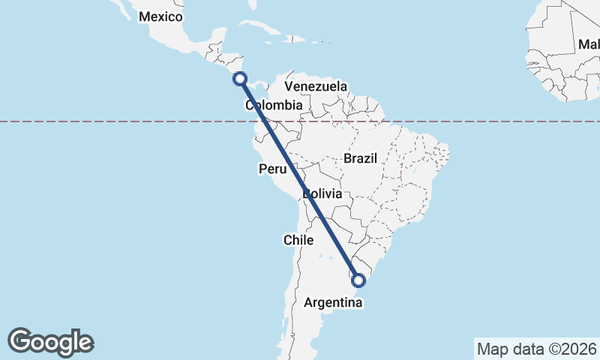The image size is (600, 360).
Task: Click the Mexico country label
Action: click(160, 16)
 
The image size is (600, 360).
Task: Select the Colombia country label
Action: click(274, 106)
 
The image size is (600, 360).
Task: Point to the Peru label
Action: click(272, 169)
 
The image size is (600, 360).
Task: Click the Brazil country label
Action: click(361, 158)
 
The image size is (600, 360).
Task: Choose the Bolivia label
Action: click(323, 194)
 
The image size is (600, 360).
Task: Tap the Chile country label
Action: click(298, 240)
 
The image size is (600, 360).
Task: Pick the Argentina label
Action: click(334, 303)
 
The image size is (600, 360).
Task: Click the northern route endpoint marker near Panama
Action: click(240, 78)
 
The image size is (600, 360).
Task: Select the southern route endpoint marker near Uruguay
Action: click(358, 280)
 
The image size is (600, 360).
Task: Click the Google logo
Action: click(51, 342)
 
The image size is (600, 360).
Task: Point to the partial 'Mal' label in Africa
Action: click(588, 46)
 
